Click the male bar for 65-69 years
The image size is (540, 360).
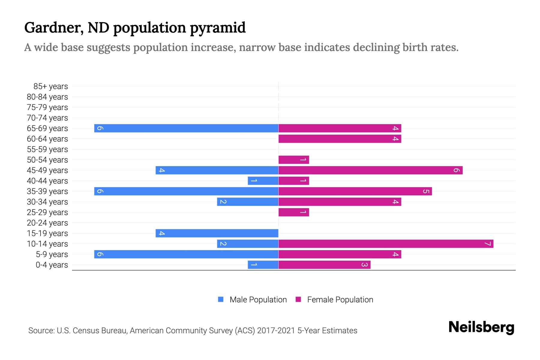tap(186, 128)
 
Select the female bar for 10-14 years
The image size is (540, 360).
tap(385, 244)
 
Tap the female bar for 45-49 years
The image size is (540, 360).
tap(370, 170)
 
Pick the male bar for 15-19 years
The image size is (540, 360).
tap(217, 233)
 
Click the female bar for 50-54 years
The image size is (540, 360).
tap(293, 160)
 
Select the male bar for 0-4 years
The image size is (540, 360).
tap(263, 265)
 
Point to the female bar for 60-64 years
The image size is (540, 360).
tap(340, 139)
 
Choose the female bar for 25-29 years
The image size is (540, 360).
tap(293, 212)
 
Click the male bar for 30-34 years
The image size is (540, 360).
tap(247, 202)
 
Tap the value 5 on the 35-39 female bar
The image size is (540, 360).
tap(426, 191)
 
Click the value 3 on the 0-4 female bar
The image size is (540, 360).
tap(364, 265)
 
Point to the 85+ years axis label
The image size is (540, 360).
tap(50, 86)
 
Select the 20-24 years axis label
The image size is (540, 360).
tap(47, 223)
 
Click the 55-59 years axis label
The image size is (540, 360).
tap(47, 149)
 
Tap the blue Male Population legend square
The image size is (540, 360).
tap(221, 299)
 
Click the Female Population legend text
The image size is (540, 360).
tap(340, 299)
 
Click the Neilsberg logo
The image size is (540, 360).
tap(481, 327)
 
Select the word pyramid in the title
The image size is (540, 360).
tap(217, 28)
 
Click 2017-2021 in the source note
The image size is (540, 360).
tap(276, 331)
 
